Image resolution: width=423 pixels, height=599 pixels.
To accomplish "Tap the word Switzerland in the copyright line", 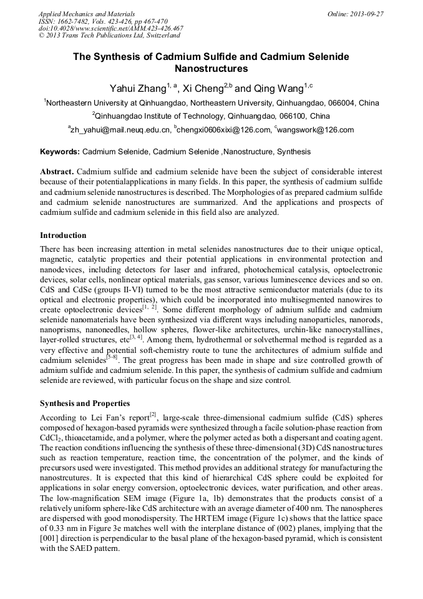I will point(157,36).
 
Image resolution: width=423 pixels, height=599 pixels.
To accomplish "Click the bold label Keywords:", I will point(60,152).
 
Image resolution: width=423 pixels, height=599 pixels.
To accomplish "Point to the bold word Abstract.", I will point(57,171).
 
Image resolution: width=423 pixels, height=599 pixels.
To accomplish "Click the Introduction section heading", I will point(63,235).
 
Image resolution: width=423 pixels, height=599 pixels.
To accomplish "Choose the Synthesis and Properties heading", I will point(85,403).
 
